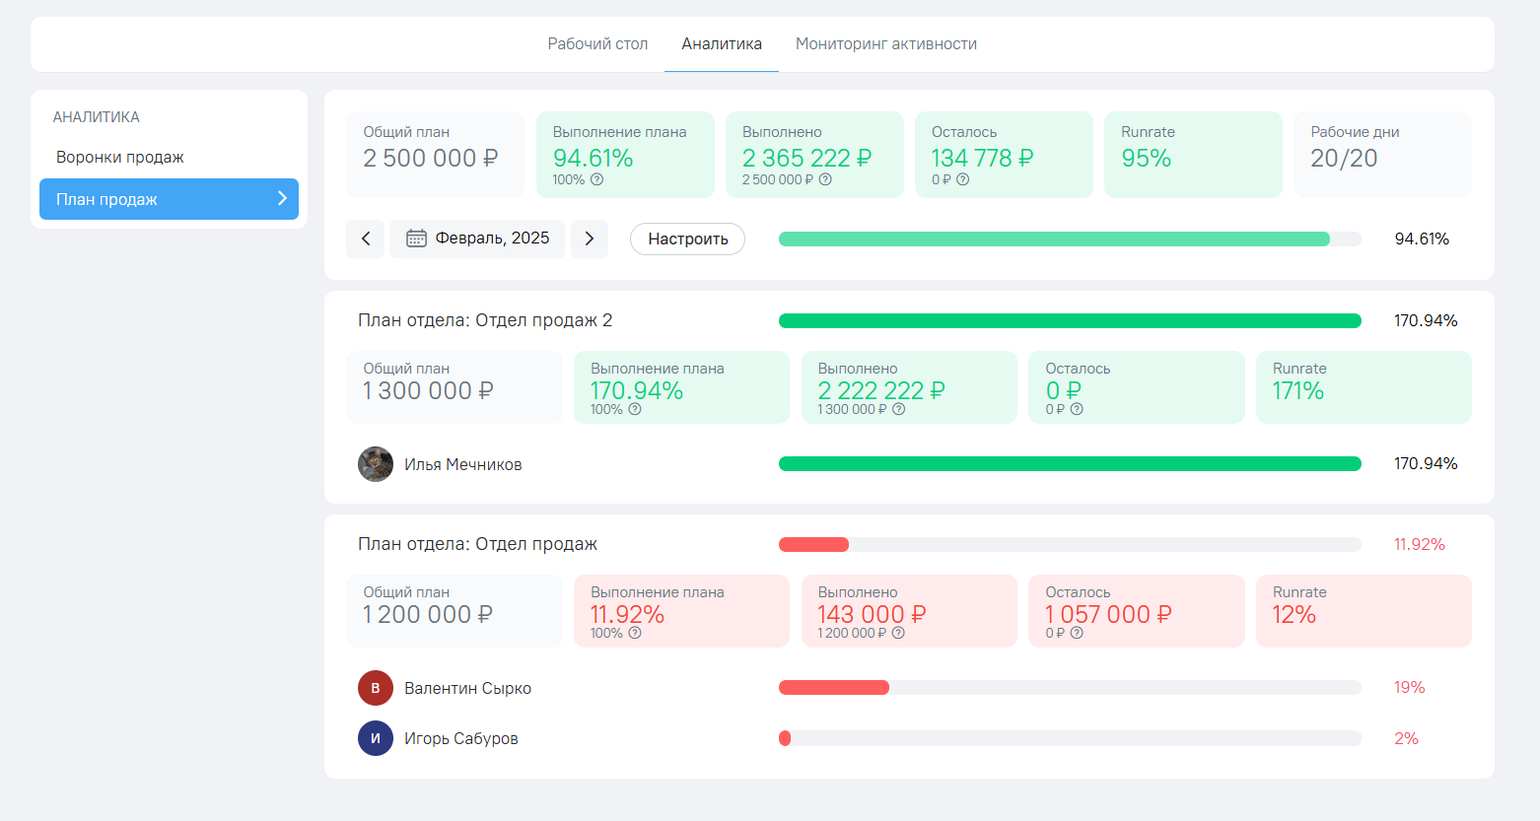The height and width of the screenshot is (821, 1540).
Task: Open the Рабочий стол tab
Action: point(597,44)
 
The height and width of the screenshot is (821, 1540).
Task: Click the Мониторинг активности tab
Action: point(885,44)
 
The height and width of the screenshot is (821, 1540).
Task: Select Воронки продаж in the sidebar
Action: point(120,158)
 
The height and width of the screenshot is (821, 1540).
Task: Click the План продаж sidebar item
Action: point(169,199)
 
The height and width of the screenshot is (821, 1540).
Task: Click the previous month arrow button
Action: point(366,239)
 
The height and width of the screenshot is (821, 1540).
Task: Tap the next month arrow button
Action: point(590,239)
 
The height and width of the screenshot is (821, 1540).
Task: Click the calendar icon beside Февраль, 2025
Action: point(416,239)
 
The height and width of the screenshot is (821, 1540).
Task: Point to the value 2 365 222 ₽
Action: point(806,159)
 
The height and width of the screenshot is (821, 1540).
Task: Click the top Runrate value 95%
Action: point(1146,159)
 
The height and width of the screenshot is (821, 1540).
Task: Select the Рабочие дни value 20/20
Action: point(1343,159)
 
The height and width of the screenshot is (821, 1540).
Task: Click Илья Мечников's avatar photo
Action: point(376,464)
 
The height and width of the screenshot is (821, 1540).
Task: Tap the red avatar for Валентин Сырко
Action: point(376,688)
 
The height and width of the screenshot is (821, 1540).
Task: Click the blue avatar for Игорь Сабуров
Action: point(376,738)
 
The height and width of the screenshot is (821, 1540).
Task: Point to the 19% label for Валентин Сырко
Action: point(1409,688)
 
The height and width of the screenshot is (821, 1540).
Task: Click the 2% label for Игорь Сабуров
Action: point(1406,739)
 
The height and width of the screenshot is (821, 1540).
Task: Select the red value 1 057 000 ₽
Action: point(1108,615)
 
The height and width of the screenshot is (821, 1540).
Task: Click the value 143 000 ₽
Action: point(872,615)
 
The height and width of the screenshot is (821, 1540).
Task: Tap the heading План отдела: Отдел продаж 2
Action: point(485,320)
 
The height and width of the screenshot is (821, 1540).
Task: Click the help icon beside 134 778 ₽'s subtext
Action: point(963,180)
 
